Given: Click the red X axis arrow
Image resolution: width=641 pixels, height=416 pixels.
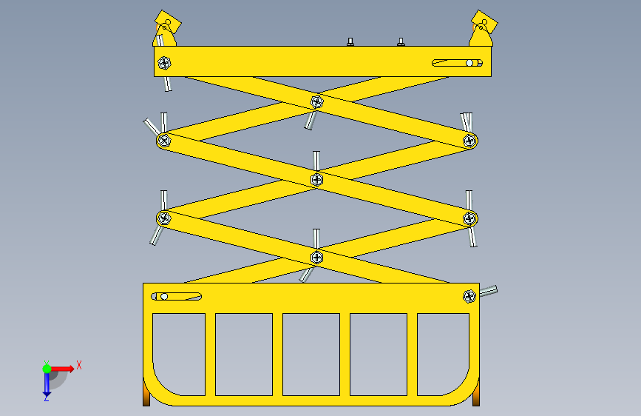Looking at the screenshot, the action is pos(62,369).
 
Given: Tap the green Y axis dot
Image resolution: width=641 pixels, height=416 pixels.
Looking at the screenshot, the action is pos(47,369).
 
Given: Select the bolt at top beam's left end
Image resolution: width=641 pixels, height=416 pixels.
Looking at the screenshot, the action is pos(164,63).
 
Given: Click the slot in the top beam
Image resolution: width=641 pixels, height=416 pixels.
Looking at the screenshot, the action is pos(458,63).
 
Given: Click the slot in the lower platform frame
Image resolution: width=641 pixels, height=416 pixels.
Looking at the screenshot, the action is pos(177,296).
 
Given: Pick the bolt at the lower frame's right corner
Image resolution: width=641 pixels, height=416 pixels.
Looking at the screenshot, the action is pos(469,296).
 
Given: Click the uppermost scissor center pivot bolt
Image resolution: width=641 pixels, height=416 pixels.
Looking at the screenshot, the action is pos(317,102).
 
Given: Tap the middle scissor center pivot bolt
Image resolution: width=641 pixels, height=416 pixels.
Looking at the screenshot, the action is pos(317,179).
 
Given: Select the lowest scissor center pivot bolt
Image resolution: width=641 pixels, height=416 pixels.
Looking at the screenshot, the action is pos(317,257).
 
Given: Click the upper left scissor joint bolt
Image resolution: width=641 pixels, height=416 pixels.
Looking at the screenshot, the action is pos(164,141).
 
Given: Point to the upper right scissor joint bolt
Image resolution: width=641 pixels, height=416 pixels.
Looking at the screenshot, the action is pos(469,141).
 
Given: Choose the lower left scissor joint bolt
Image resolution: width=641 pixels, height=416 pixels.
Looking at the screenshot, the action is pos(164,218).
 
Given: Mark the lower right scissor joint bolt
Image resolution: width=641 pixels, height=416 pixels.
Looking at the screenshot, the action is pos(469,218).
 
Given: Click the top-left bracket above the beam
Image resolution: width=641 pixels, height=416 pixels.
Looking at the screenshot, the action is pos(166,29).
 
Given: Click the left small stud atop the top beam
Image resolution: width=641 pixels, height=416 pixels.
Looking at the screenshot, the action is pos(350,41).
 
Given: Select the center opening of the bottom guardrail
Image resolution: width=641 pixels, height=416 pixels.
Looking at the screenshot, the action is pos(311,355).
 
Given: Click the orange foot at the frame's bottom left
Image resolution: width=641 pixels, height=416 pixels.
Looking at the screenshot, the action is pos(146,395).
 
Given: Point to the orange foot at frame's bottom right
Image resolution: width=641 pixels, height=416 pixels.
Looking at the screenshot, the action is pos(476,395).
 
